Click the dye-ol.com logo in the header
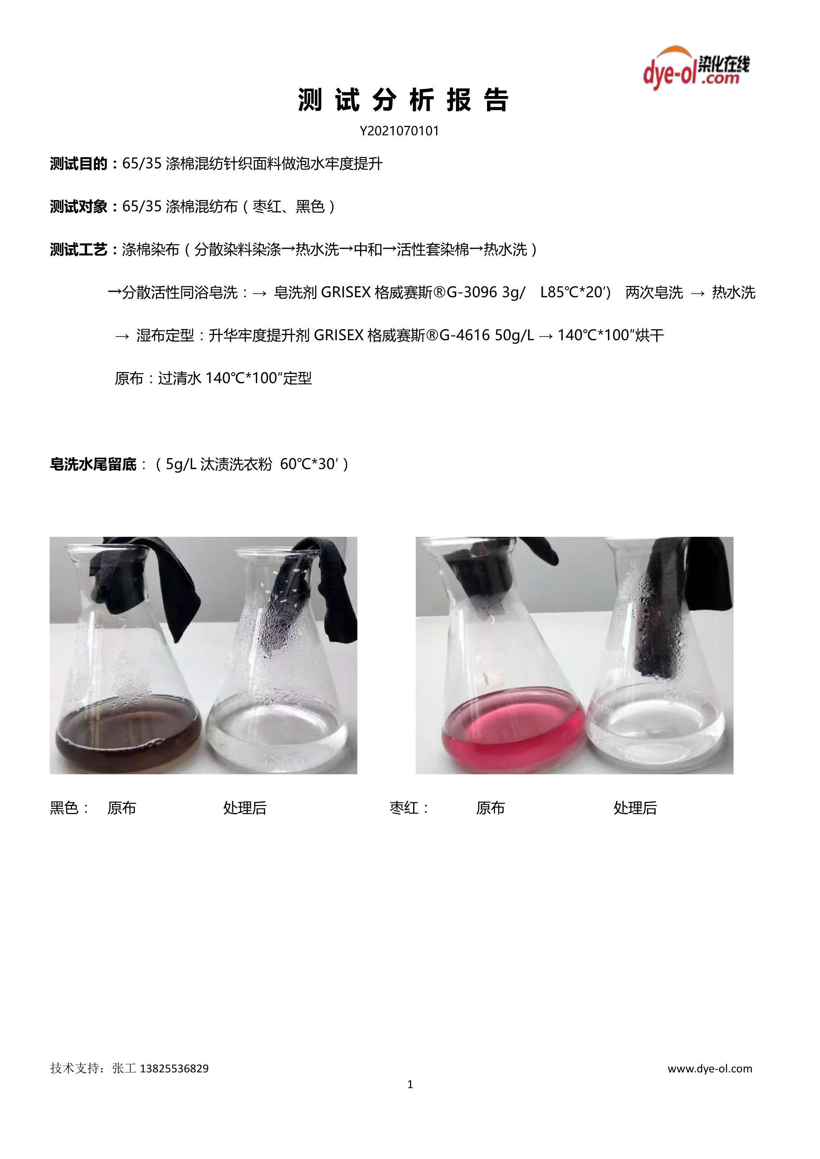click(696, 68)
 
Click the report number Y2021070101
click(399, 131)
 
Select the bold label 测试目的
click(79, 164)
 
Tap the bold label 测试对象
click(79, 207)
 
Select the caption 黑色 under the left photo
click(64, 808)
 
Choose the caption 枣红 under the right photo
click(404, 808)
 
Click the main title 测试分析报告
click(403, 100)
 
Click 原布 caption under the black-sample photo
click(122, 808)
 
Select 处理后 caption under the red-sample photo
click(635, 808)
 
